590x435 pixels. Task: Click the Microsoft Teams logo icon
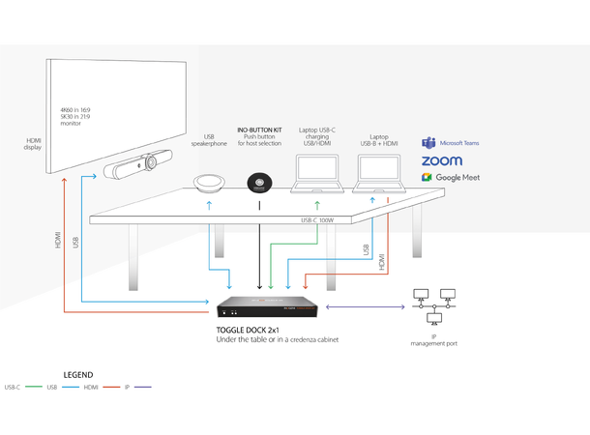(x=427, y=143)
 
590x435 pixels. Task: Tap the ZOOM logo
(x=441, y=160)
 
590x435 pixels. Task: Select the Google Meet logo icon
(x=426, y=178)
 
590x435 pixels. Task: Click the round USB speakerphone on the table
(x=209, y=184)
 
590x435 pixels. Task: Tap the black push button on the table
(x=259, y=183)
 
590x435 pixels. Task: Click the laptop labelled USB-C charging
(x=316, y=175)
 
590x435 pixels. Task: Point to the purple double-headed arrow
(x=365, y=307)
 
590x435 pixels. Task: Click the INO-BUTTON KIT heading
(x=259, y=129)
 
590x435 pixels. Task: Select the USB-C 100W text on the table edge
(x=316, y=220)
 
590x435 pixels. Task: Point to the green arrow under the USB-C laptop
(x=316, y=205)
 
